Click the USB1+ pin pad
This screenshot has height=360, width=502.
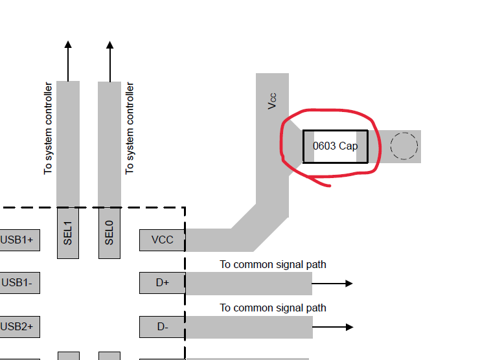[x=20, y=240]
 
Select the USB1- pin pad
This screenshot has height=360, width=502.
[x=20, y=283]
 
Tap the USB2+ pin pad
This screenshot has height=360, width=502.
[x=20, y=327]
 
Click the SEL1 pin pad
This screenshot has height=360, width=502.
[x=68, y=233]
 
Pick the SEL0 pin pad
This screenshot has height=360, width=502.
[x=109, y=233]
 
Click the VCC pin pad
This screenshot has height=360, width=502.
[x=163, y=240]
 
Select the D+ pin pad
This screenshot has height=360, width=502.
[x=163, y=283]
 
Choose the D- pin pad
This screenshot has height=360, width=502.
[x=163, y=327]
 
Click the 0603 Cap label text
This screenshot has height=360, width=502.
[x=335, y=146]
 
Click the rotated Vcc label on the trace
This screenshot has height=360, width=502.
[x=272, y=101]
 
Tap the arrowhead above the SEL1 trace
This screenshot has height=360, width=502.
[x=68, y=45]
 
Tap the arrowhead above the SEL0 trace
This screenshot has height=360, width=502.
[x=110, y=45]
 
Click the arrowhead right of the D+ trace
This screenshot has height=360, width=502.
[x=349, y=283]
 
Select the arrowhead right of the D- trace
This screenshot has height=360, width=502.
[x=350, y=327]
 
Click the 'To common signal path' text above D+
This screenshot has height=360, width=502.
[x=273, y=265]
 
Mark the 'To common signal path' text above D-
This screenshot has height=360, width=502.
[x=273, y=308]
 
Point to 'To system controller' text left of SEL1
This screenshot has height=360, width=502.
[x=48, y=128]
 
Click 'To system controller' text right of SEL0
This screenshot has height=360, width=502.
[x=130, y=128]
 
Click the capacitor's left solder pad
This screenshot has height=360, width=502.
[x=309, y=146]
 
